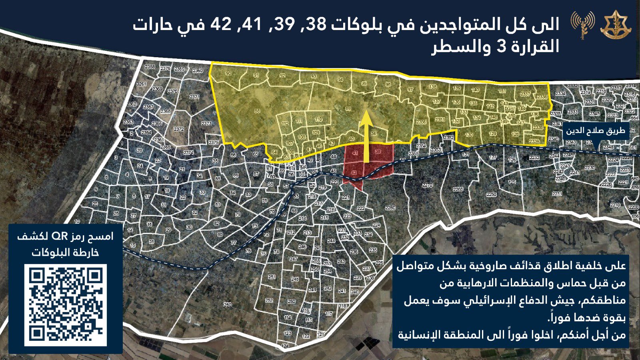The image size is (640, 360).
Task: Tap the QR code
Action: pyautogui.click(x=65, y=305)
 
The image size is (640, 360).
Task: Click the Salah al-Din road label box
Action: pyautogui.click(x=595, y=131)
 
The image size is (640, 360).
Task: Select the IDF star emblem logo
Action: pyautogui.click(x=615, y=26)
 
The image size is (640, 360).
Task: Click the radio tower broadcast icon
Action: pyautogui.click(x=582, y=25)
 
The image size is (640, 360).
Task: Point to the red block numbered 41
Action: pyautogui.click(x=355, y=153)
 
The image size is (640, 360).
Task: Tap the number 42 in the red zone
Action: pyautogui.click(x=354, y=173)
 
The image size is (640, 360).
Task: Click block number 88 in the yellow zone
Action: pyautogui.click(x=257, y=111)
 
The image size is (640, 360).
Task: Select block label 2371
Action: pyautogui.click(x=194, y=97)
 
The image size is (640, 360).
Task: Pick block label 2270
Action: pyautogui.click(x=428, y=185)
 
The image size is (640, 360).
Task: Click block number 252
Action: pyautogui.click(x=269, y=300)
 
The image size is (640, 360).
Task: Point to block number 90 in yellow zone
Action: pyautogui.click(x=228, y=74)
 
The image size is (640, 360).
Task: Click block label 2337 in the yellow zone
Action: pyautogui.click(x=525, y=94)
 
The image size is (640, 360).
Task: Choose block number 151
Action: pyautogui.click(x=502, y=91)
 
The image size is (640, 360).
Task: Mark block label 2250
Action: pyautogui.click(x=491, y=194)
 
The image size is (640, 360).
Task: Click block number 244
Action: pyautogui.click(x=331, y=241)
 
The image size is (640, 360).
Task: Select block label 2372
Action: pyautogui.click(x=178, y=129)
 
